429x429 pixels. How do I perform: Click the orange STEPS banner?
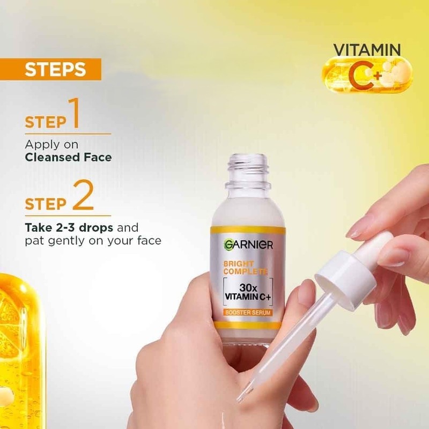click(50, 69)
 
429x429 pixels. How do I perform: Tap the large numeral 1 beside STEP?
click(74, 113)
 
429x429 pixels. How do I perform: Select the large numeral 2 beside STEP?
click(83, 195)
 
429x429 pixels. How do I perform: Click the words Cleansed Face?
click(69, 157)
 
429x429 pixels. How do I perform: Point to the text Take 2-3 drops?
click(69, 227)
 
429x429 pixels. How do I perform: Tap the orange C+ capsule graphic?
click(367, 75)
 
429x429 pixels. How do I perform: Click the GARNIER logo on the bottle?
click(248, 245)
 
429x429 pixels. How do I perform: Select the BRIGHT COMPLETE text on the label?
click(246, 268)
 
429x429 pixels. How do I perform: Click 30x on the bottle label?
click(248, 287)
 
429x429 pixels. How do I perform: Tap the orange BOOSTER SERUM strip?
click(248, 313)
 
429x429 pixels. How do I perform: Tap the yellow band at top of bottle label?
click(248, 231)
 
